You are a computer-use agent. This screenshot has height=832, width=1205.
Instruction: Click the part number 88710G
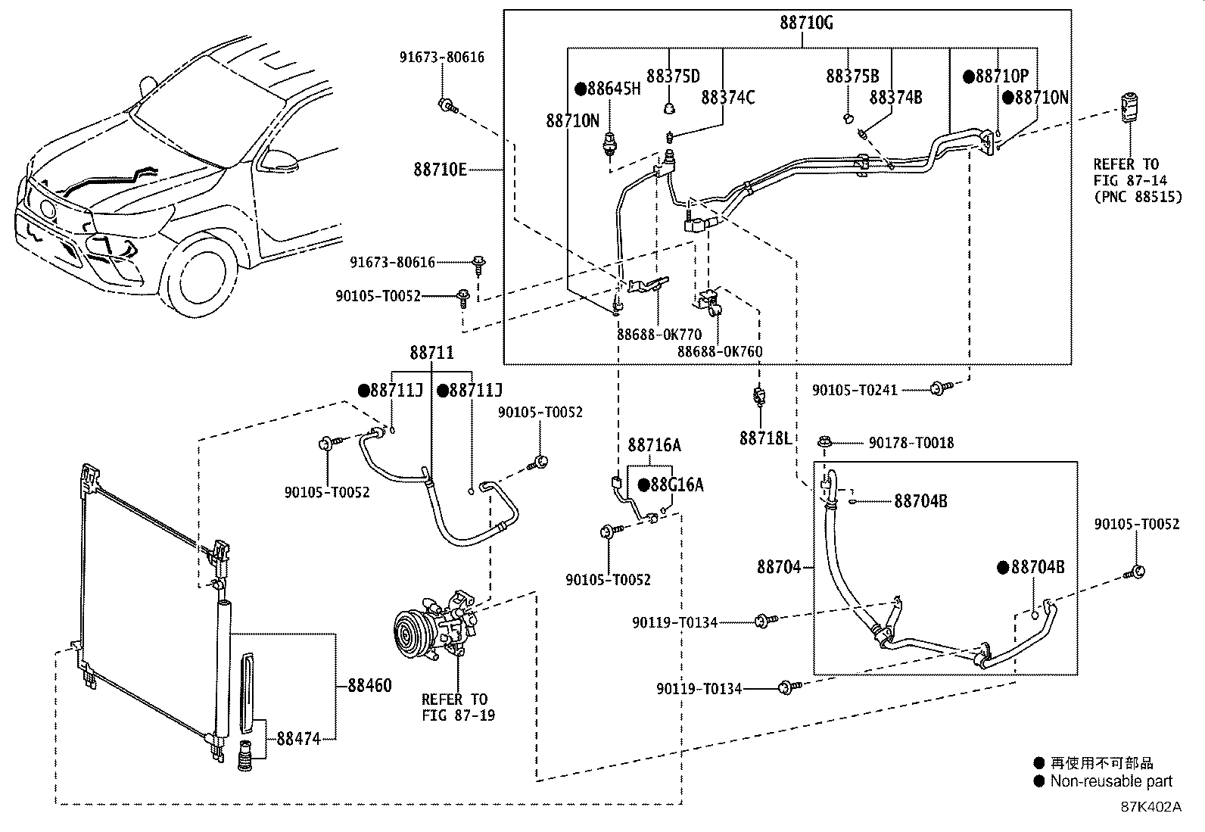coord(806,23)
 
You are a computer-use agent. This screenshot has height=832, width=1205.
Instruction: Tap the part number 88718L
coord(764,438)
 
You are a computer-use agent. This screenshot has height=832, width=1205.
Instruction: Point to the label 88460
coord(369,686)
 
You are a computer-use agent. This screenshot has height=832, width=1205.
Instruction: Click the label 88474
coord(298,738)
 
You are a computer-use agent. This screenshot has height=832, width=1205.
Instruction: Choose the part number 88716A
coord(654,445)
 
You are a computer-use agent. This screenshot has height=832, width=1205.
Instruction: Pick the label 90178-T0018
coord(911,443)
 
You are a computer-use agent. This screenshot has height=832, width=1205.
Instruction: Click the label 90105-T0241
coord(855,391)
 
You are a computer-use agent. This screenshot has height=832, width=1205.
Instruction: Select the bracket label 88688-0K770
coord(659,335)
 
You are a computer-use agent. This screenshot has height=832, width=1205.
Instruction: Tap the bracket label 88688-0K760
coord(720,351)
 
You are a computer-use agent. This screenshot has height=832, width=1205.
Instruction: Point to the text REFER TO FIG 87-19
coord(454,707)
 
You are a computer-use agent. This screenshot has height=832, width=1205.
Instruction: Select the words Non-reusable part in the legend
coord(1110,782)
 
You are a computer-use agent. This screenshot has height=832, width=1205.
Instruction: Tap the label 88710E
coord(440,169)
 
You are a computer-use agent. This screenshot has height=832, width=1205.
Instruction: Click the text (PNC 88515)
coord(1137,197)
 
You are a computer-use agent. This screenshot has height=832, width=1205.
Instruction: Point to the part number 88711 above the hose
coord(432,353)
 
